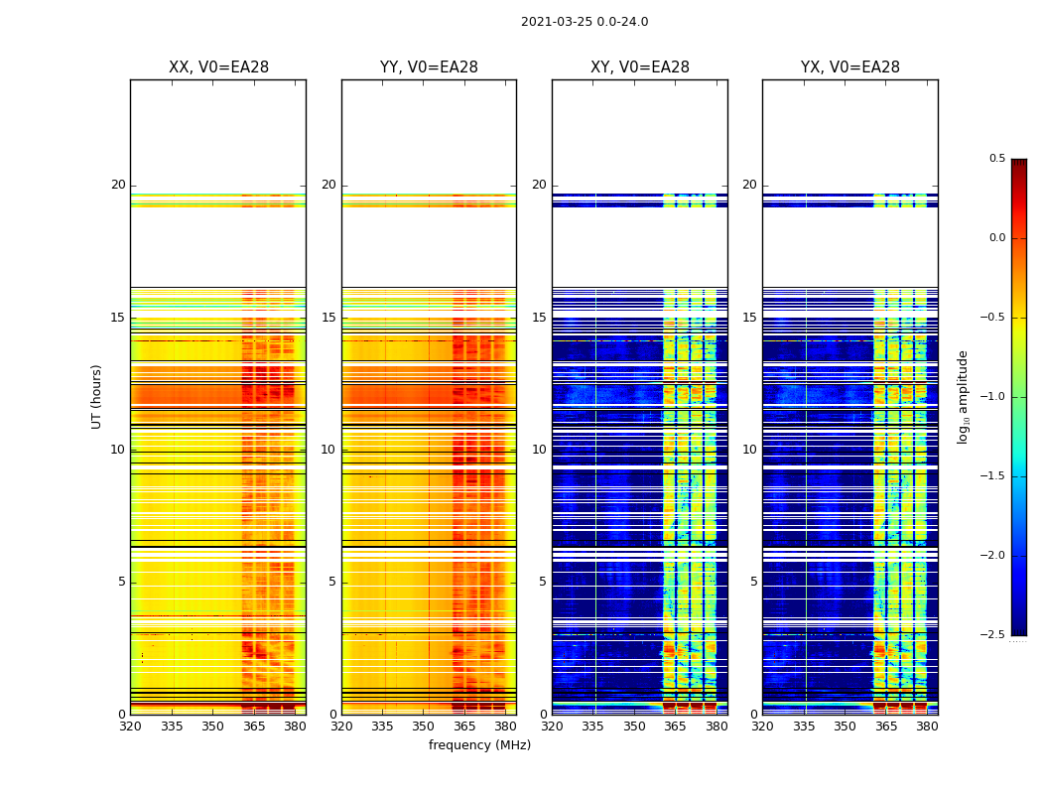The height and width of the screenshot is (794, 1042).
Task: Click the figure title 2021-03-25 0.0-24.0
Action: [585, 22]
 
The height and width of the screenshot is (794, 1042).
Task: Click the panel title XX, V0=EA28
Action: [218, 67]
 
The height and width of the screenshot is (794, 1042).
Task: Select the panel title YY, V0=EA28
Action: [429, 67]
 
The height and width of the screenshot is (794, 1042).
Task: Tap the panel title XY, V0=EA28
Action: [640, 67]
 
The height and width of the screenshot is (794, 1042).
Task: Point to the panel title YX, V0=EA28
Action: [850, 67]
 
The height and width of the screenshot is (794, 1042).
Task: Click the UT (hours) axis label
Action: [97, 396]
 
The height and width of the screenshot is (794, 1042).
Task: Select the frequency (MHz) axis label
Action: [479, 745]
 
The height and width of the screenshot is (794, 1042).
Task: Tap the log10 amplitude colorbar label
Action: [962, 396]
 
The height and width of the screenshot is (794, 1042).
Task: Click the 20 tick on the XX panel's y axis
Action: [118, 186]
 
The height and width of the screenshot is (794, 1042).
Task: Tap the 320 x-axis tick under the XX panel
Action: [130, 727]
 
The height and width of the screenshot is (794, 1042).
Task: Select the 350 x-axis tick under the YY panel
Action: [424, 727]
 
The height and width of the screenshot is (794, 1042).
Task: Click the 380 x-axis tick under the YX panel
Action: [927, 727]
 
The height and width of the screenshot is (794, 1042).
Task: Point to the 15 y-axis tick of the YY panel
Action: [328, 318]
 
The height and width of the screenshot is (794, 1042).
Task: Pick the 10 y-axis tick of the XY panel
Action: [539, 450]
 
